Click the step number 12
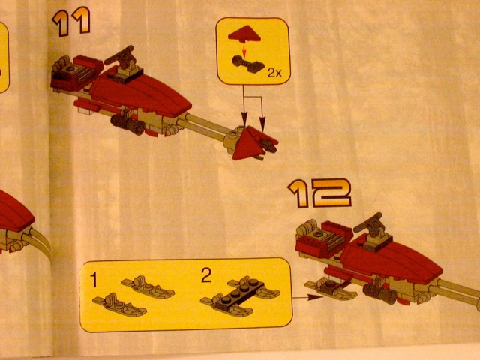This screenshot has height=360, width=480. tap(319, 193)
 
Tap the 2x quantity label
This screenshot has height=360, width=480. tap(274, 73)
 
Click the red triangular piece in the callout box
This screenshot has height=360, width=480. tap(244, 34)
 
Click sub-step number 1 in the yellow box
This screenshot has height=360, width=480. tap(94, 280)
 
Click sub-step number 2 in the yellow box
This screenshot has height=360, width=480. tap(206, 275)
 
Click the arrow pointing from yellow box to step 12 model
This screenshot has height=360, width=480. tap(307, 297)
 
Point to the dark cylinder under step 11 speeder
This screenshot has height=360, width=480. tap(127, 124)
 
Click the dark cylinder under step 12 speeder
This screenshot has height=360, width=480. tap(380, 293)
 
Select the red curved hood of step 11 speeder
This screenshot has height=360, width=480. tap(141, 93)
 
